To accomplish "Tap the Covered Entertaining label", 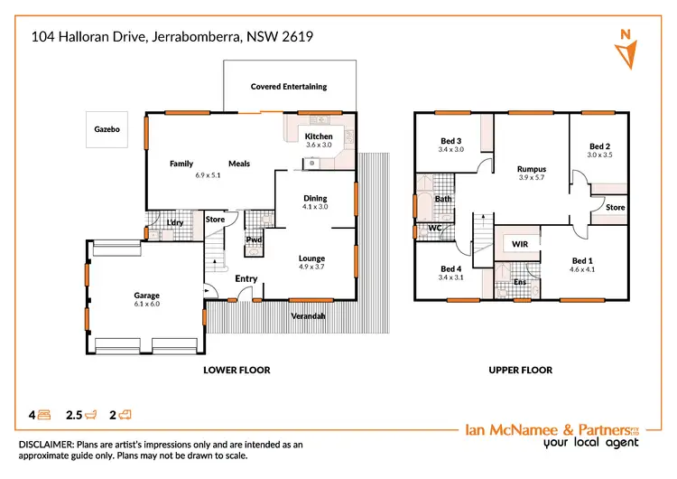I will tap(289, 87).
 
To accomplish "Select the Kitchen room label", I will tap(319, 136).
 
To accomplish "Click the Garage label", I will tap(147, 296).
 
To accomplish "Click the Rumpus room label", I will tap(532, 169).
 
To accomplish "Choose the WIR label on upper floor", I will tap(520, 244).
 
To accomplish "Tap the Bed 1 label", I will tap(581, 260).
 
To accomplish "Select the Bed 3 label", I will tap(451, 140).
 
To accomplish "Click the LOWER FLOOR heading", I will tap(236, 371).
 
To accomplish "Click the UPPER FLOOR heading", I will tap(520, 371).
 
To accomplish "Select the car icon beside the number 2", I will tap(125, 416).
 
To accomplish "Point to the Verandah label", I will tap(308, 315).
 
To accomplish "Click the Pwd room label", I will tap(255, 239).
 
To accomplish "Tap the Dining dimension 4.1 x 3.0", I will tap(315, 207).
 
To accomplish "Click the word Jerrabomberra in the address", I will tap(190, 37).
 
